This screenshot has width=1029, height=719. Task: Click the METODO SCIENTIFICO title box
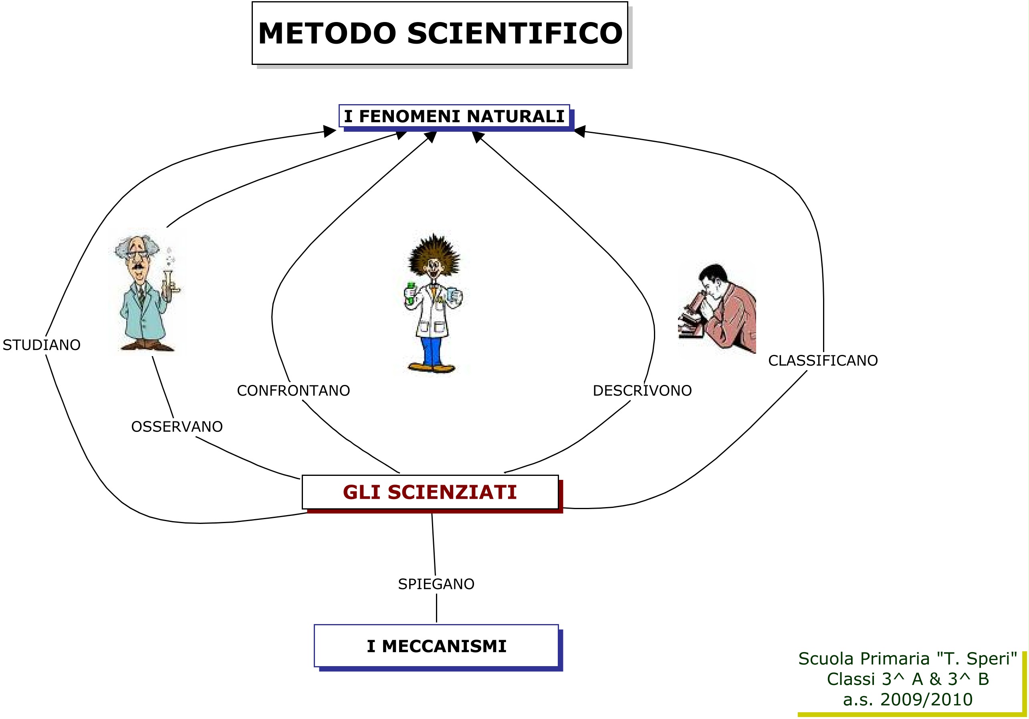[440, 33]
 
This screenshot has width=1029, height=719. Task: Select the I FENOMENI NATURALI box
[454, 116]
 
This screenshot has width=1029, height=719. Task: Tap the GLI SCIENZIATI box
[430, 492]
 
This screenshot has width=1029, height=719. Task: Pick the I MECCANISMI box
[436, 646]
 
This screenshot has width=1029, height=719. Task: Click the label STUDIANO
[42, 345]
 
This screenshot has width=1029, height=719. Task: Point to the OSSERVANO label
[177, 427]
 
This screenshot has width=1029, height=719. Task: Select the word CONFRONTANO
[293, 391]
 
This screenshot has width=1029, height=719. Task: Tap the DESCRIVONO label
[642, 391]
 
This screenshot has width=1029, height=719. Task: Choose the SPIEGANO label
[436, 584]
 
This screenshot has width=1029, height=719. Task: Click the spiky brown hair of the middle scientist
[434, 255]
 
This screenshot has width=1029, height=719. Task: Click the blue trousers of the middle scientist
[431, 351]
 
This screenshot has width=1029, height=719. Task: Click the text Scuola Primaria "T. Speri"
[907, 659]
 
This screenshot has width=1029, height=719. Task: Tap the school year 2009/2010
[926, 699]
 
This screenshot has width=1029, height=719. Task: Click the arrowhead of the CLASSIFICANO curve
[579, 131]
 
